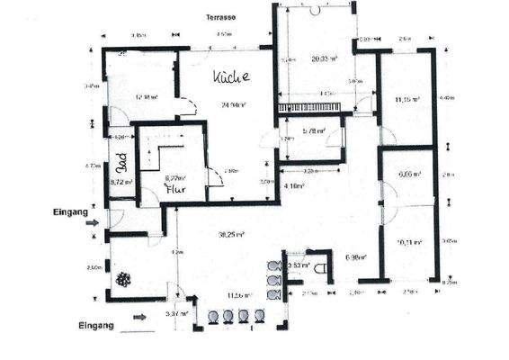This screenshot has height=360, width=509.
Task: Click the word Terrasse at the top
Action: point(222,17)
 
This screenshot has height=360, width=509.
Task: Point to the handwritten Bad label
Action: point(120,163)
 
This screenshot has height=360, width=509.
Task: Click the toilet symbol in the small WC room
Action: point(321,268)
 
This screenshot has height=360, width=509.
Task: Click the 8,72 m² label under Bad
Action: point(121,182)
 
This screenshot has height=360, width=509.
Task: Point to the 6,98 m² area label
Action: point(356,257)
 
